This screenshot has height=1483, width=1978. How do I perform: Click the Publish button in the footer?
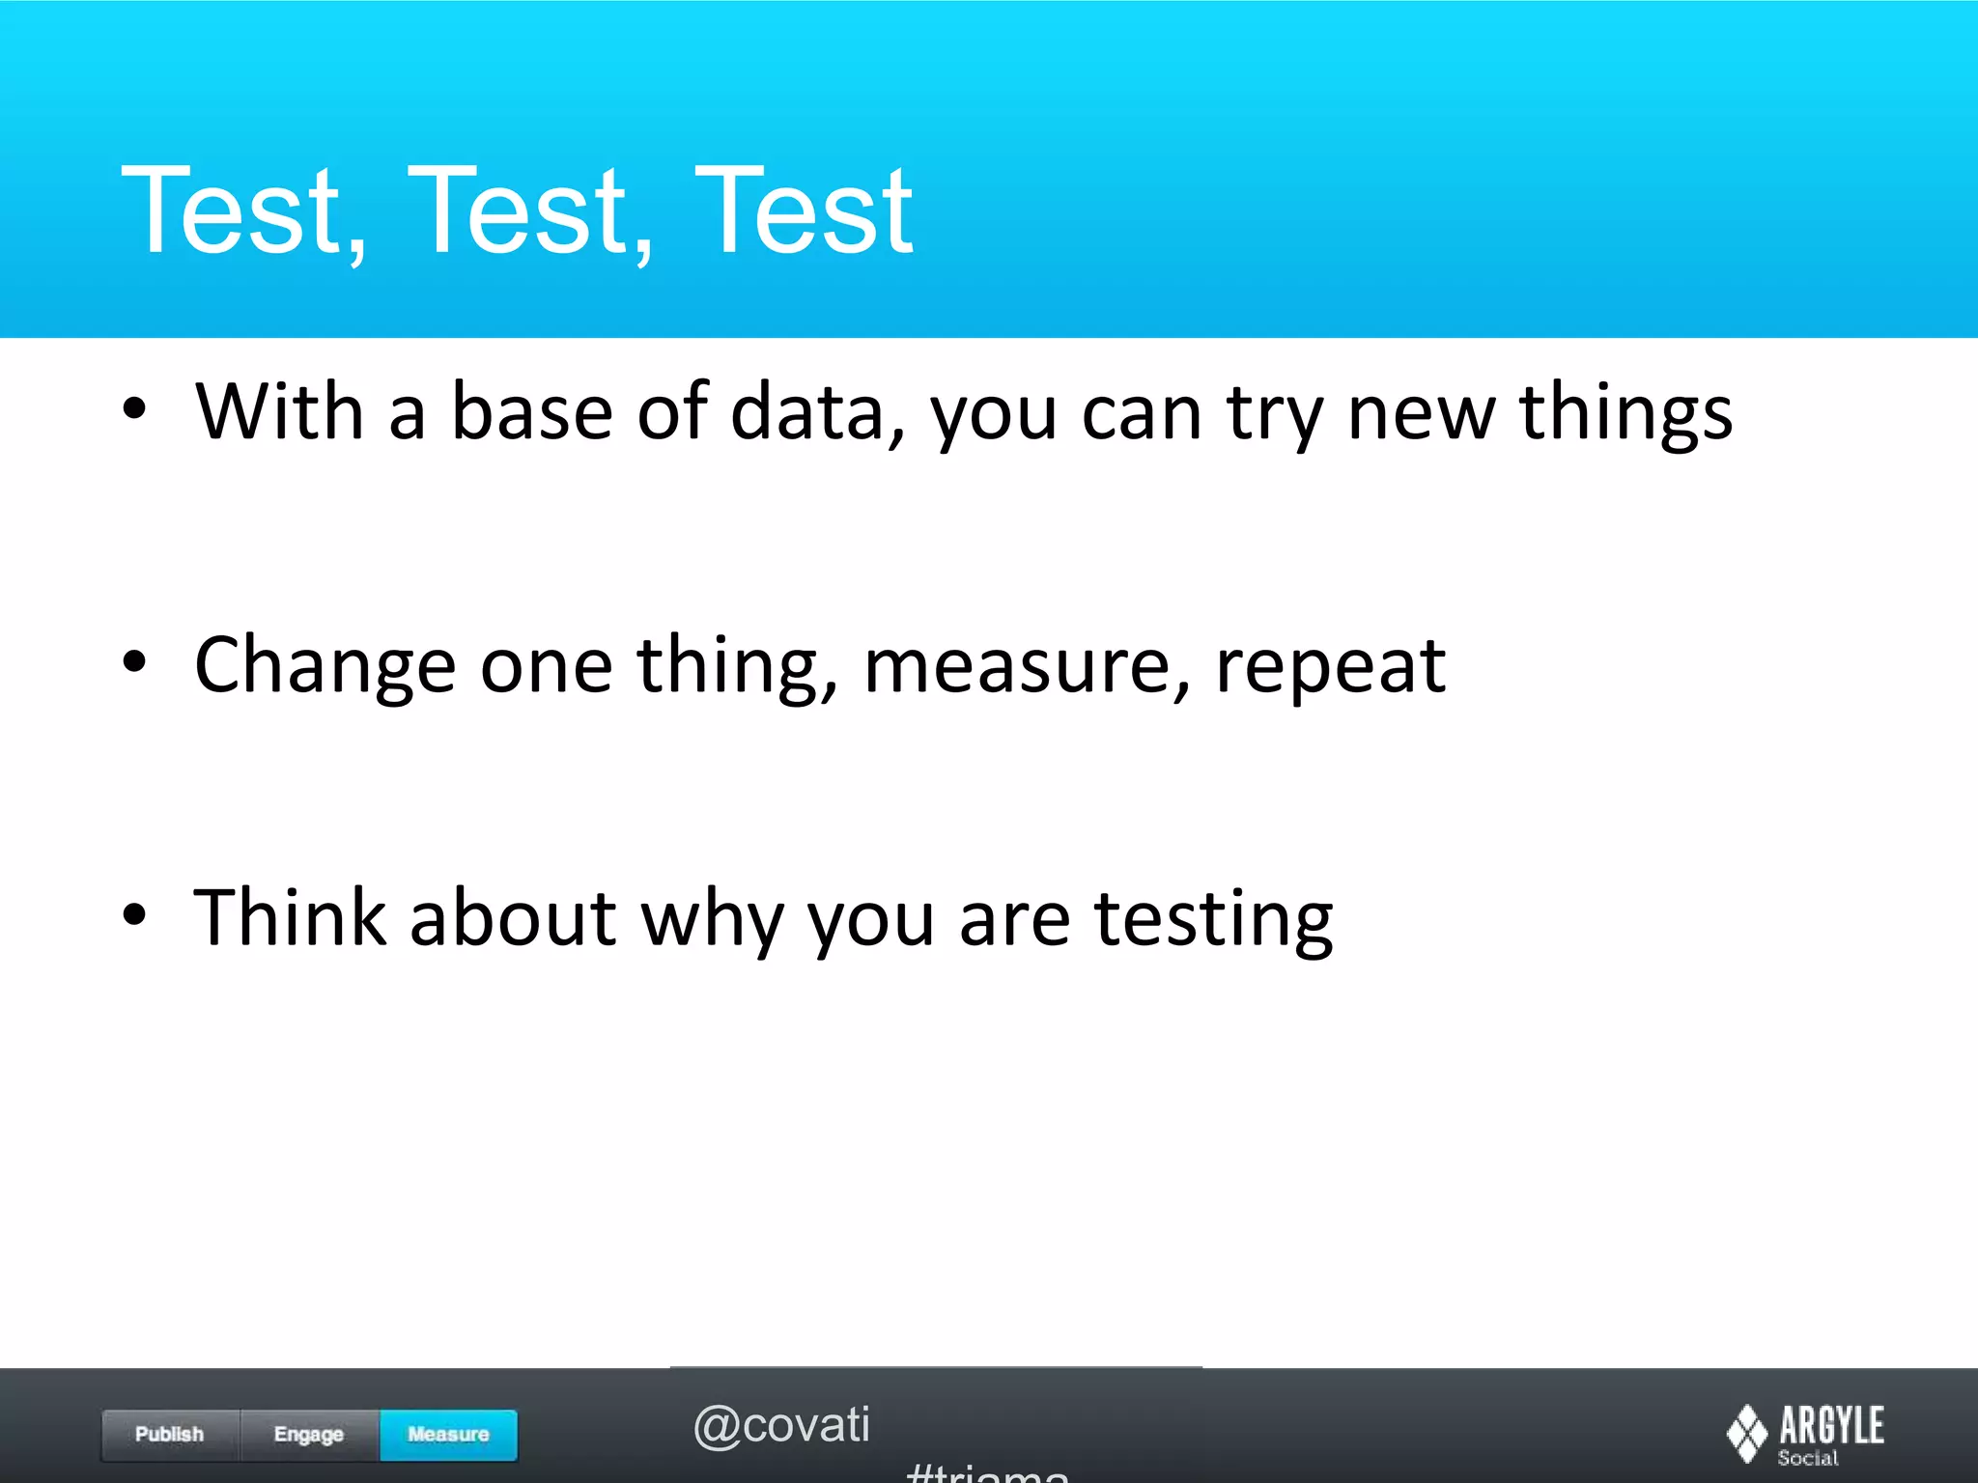(x=170, y=1435)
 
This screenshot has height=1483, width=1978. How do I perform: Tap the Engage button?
(x=309, y=1435)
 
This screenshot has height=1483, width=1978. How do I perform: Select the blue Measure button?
(x=448, y=1435)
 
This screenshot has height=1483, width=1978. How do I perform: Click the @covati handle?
(x=781, y=1425)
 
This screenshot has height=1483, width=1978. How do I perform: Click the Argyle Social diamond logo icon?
(x=1746, y=1434)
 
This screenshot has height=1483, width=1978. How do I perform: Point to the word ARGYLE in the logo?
(x=1831, y=1425)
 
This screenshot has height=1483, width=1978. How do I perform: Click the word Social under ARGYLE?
(x=1808, y=1459)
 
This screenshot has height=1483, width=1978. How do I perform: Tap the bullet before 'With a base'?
(x=134, y=408)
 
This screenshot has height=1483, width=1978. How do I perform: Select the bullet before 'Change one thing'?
(x=134, y=662)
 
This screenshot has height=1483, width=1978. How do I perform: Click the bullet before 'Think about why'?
(x=134, y=914)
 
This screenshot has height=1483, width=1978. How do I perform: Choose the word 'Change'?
(x=325, y=666)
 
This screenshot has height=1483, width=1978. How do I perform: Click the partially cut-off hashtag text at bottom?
(x=987, y=1472)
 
